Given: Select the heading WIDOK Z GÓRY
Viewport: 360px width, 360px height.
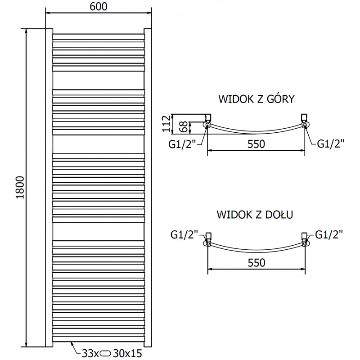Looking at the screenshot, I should coord(256,99).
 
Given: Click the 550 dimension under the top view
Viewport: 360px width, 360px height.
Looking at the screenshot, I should coord(256,144).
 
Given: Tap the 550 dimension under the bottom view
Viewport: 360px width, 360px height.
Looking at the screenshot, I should coord(256,262).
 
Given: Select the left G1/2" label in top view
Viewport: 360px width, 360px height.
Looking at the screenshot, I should coord(184,144).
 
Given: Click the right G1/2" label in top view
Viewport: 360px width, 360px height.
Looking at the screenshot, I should coord(331,144).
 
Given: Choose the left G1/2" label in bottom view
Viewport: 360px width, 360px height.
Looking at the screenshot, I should coord(184,234).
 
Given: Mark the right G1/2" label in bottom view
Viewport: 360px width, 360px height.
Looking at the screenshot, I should coord(329,234).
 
